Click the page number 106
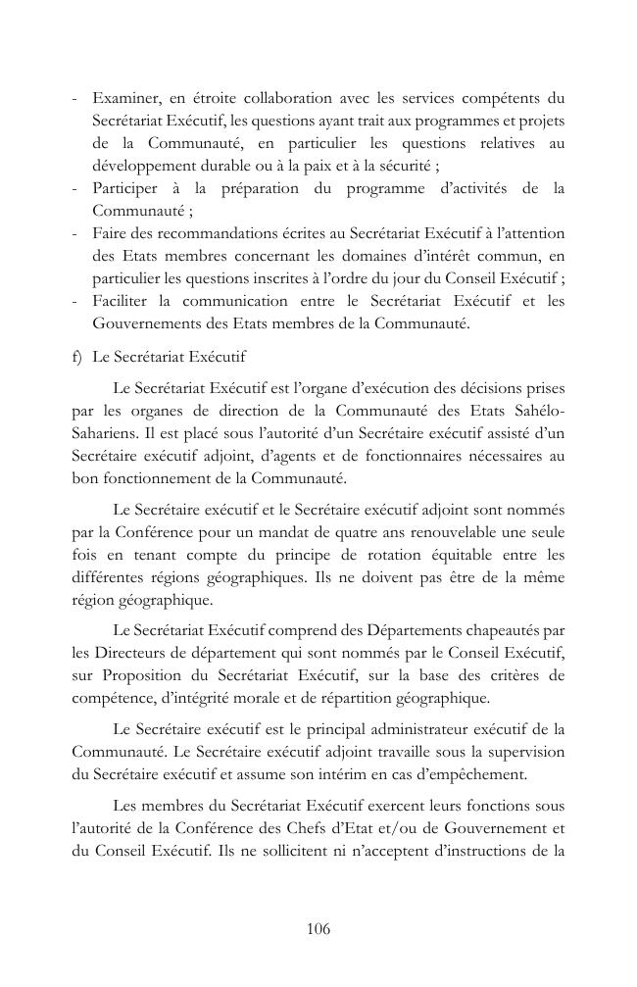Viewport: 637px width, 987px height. [318, 929]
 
